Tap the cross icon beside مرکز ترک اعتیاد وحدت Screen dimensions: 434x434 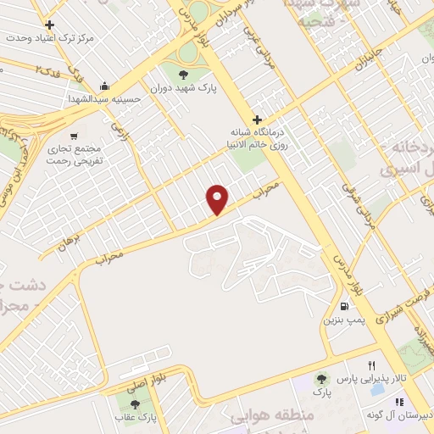[50, 25]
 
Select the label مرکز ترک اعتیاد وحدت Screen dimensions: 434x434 [48, 39]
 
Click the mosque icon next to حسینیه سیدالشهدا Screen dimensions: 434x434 [104, 86]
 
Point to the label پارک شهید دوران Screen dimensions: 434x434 [184, 86]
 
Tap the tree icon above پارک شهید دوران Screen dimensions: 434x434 [184, 74]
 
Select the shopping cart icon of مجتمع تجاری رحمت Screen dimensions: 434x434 [75, 136]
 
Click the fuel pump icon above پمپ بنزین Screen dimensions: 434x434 [343, 307]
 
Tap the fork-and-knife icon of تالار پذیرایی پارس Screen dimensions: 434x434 [371, 365]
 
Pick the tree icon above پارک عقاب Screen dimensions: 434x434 [136, 404]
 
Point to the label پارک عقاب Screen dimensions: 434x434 [136, 418]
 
